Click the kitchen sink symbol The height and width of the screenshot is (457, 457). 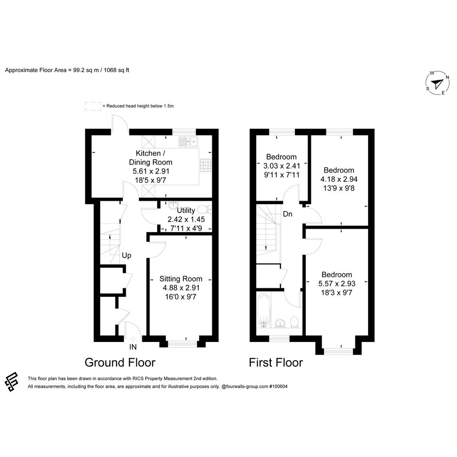click(188, 141)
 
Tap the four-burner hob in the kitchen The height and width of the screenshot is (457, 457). click(206, 165)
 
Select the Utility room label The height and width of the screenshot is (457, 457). click(186, 210)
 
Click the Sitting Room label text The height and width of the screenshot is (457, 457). click(181, 279)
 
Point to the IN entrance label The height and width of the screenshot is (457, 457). click(133, 347)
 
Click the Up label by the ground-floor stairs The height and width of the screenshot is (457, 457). click(127, 256)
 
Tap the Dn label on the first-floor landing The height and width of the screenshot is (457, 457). click(287, 214)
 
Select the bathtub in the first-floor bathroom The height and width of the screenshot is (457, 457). click(264, 310)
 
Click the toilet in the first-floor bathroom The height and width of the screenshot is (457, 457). click(295, 323)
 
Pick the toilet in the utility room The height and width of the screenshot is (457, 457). click(205, 209)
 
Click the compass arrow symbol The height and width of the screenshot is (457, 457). click(437, 84)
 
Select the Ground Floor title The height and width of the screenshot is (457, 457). click(120, 363)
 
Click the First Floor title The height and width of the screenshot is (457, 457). click(276, 363)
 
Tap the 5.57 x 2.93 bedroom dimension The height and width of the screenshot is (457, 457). click(337, 283)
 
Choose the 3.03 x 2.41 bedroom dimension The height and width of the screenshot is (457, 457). click(281, 166)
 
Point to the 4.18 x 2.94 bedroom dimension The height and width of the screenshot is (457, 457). click(339, 179)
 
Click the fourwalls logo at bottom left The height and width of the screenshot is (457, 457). click(12, 382)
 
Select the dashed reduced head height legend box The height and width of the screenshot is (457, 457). click(93, 106)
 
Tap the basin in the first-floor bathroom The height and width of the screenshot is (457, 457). click(280, 323)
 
